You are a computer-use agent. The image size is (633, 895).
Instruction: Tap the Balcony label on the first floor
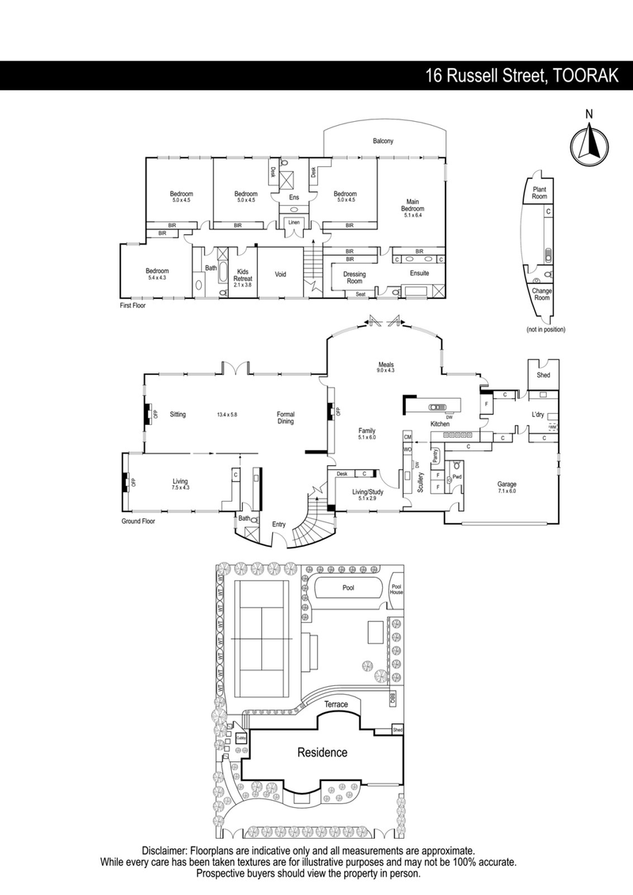coord(384,142)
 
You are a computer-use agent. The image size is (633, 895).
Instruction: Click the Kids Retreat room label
coord(243,275)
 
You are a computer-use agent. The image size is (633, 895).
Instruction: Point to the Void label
coord(280,275)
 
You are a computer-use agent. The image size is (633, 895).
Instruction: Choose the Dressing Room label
coord(354,278)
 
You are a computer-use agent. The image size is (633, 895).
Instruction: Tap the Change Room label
coord(541,294)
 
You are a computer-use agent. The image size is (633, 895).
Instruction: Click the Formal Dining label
coord(286,418)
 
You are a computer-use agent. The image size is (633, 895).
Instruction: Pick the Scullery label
coord(419,482)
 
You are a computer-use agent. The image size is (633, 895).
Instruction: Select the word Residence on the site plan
coord(321,753)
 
